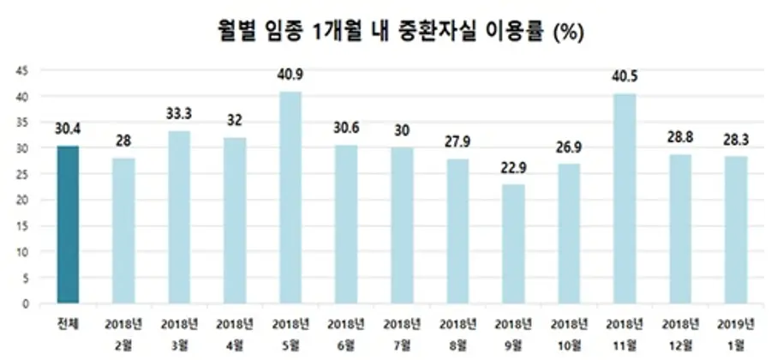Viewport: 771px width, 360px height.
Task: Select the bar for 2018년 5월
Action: pos(290,197)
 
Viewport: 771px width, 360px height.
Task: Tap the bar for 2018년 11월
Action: pos(624,198)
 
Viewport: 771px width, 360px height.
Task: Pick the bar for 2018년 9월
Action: pos(512,244)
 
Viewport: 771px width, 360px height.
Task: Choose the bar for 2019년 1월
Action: pos(735,230)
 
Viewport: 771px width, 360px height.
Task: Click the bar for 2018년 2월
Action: pos(123,231)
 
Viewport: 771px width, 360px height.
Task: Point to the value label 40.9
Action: pos(290,75)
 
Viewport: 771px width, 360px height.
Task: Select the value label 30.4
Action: pos(68,129)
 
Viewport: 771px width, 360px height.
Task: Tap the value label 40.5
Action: pos(624,77)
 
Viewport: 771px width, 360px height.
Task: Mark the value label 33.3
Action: pos(179,115)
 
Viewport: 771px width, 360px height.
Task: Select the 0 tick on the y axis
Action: pos(25,303)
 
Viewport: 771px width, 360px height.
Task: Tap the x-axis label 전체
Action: pos(68,323)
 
